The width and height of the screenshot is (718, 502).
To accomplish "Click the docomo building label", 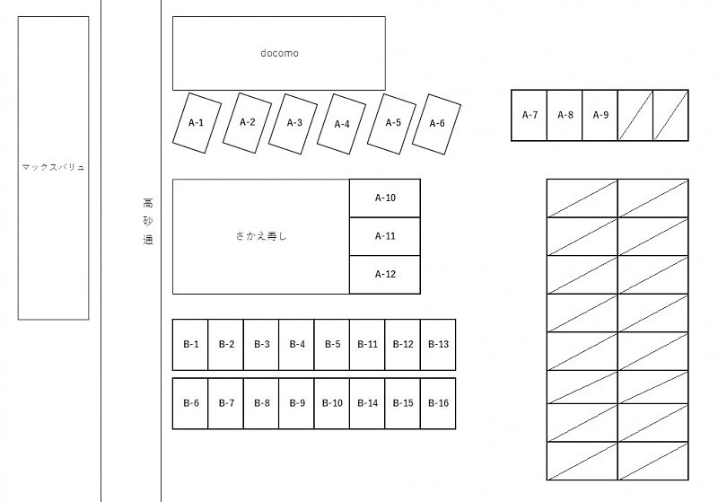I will [x=279, y=53].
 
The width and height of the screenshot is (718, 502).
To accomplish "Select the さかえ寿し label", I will [x=261, y=237].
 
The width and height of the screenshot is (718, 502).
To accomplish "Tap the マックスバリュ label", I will [x=53, y=167].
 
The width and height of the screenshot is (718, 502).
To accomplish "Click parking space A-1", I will [x=197, y=122].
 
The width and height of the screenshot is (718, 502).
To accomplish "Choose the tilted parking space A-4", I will [x=342, y=124].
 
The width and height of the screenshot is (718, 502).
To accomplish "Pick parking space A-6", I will [x=437, y=123].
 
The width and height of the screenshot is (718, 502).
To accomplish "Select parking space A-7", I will [x=530, y=115].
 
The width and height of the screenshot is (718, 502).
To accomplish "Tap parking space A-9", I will [x=600, y=115].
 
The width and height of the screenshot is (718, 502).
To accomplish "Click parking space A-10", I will [x=385, y=198].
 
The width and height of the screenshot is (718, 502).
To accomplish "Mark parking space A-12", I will [x=385, y=275].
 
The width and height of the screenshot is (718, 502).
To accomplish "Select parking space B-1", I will [x=190, y=345].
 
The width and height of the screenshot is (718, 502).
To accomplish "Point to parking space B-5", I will [x=332, y=345].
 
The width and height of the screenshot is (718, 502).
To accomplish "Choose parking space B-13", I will [x=438, y=345].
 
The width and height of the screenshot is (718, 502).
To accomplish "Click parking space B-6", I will [x=190, y=403].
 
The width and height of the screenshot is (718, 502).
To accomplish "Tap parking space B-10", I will [x=332, y=403].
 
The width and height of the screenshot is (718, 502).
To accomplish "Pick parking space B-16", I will [x=438, y=403].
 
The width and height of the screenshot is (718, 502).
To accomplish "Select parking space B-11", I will [x=367, y=345].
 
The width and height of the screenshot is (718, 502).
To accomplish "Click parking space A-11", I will [x=385, y=236].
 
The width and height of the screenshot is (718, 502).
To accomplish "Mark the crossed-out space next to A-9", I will [x=635, y=115].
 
